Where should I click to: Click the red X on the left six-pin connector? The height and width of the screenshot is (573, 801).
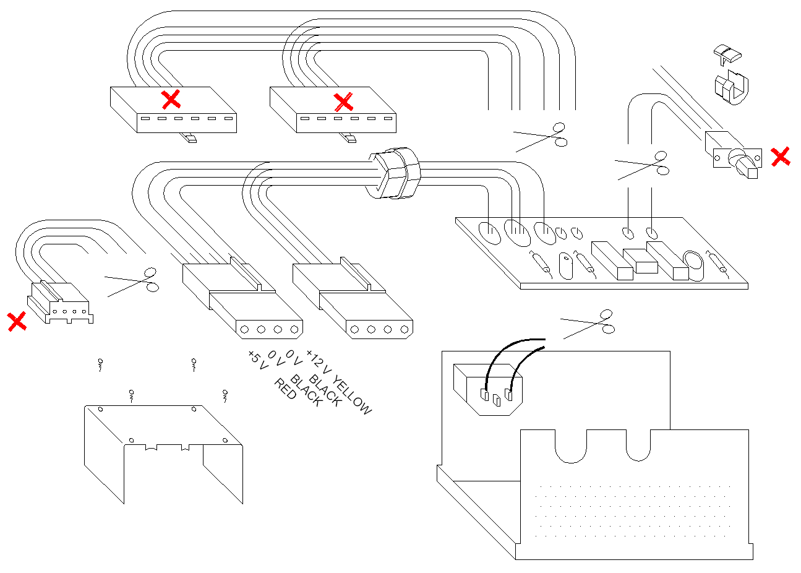point(171,99)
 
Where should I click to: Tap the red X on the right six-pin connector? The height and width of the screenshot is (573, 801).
point(343,101)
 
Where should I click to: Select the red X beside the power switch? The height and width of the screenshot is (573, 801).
point(781,157)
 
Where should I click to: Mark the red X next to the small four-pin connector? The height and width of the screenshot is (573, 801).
point(17,321)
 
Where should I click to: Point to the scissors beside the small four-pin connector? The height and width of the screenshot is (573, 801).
point(134,281)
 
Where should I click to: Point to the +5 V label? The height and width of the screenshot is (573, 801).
point(257,360)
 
